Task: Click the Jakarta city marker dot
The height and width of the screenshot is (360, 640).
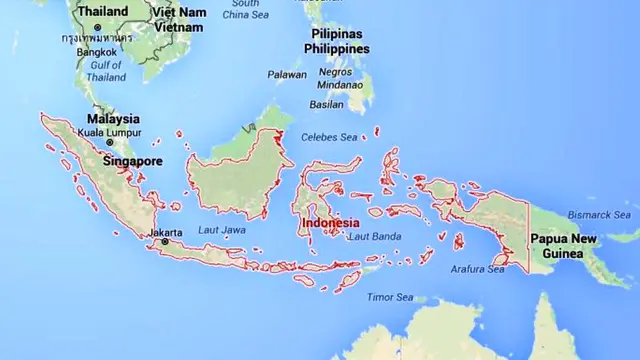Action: [x=165, y=242]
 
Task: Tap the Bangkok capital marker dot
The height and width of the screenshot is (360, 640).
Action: [x=98, y=26]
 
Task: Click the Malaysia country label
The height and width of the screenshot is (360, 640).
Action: [x=113, y=119]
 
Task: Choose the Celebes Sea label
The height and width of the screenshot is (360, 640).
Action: [x=335, y=138]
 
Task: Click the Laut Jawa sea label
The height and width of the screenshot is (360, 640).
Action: [x=222, y=230]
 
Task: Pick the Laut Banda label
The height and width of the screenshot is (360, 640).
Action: [x=374, y=236]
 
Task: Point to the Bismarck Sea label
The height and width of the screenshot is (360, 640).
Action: [x=603, y=215]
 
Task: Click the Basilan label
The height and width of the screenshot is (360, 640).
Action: [x=326, y=104]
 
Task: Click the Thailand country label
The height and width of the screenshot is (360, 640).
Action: [x=103, y=11]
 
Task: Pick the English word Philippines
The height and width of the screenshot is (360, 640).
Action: [x=338, y=48]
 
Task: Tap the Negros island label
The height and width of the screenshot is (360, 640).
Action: [x=335, y=72]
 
